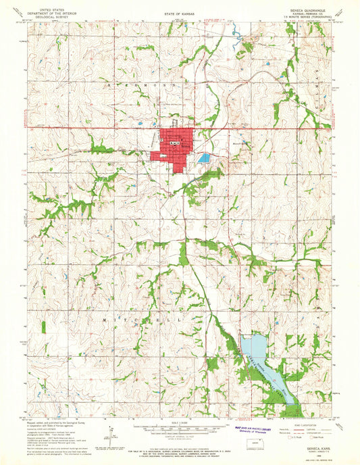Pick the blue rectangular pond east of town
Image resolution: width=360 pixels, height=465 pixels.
(x=204, y=157)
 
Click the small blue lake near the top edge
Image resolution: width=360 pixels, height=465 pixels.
(x=236, y=32)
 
